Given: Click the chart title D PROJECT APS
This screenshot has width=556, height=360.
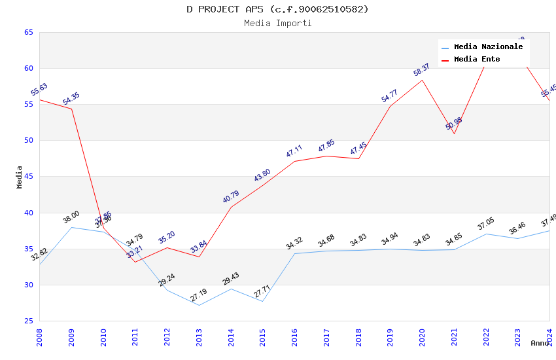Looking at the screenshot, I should (x=277, y=9).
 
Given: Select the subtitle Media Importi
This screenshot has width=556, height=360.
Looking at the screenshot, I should (x=277, y=23).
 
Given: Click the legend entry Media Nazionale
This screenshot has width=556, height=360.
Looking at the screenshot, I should (x=488, y=47).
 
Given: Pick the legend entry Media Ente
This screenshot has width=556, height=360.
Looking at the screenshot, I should (x=477, y=59).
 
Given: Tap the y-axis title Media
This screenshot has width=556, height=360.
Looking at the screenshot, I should (x=20, y=177).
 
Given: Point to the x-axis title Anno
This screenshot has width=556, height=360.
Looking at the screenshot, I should (x=540, y=343).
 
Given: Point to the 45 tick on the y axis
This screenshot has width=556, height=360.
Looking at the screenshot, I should (x=28, y=177).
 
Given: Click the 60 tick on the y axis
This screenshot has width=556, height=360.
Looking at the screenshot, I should (x=28, y=68).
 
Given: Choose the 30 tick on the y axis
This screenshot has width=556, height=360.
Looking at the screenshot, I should (x=28, y=285).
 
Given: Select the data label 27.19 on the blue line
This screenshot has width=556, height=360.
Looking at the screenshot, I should (x=198, y=295).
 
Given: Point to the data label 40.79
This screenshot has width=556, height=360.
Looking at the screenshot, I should (x=230, y=197).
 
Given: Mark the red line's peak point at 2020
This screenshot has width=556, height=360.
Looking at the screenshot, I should (x=422, y=80).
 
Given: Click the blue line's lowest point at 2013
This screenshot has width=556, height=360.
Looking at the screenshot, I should (x=199, y=305).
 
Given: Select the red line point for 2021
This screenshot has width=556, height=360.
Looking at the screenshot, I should (x=454, y=134).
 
